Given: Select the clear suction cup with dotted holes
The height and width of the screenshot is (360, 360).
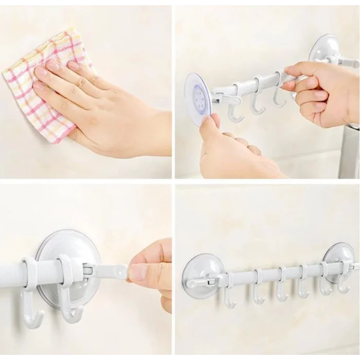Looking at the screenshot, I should point(198,97).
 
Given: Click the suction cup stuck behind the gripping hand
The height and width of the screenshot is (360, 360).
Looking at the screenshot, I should point(325,49).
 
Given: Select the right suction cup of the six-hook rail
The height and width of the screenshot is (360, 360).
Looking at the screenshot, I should point(339,260).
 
